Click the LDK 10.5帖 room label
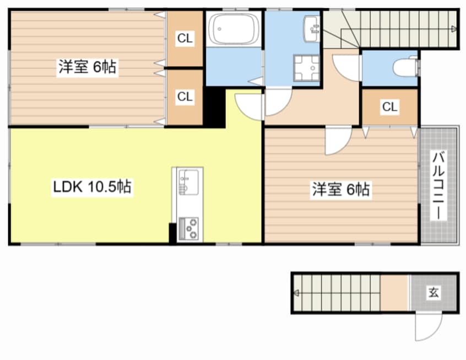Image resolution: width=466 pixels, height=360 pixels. click(92, 186)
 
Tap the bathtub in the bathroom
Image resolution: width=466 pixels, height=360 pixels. click(234, 29)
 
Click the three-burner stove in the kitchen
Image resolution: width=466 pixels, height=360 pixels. click(189, 228)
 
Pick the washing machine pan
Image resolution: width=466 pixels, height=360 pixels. click(306, 68)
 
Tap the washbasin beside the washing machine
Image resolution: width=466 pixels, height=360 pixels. click(311, 29)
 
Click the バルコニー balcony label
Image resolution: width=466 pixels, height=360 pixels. click(438, 185)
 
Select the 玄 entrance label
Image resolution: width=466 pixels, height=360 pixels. click(434, 292)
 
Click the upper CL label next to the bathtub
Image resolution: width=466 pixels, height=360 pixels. click(185, 38)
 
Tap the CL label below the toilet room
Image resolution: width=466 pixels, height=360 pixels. click(389, 106)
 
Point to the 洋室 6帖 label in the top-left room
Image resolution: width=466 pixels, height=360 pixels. click(87, 67)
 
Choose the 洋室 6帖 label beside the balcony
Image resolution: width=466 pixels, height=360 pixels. click(341, 189)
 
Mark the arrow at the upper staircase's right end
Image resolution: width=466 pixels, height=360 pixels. click(454, 29)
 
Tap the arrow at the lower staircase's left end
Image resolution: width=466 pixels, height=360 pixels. click(296, 293)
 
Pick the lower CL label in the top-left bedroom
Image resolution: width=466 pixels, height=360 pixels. click(185, 96)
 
